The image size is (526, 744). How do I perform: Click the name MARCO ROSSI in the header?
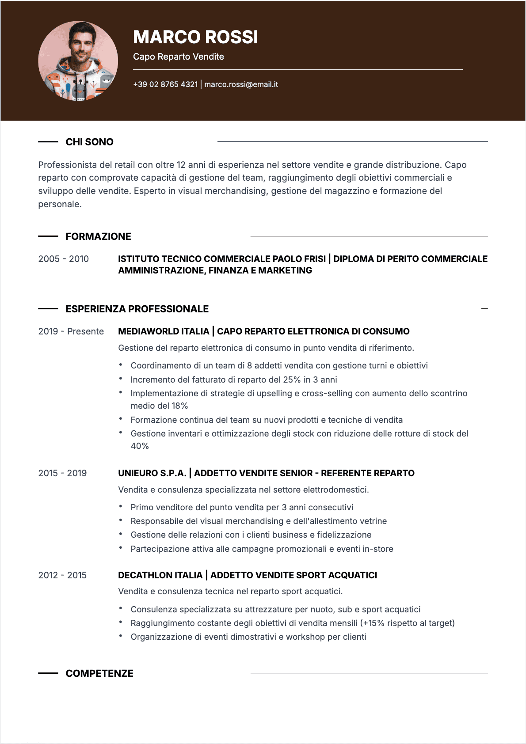pos(195,37)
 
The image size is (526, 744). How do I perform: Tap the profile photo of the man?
pos(78,61)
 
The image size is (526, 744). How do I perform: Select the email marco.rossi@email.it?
pos(241,84)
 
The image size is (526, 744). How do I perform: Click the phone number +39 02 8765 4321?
pos(165,84)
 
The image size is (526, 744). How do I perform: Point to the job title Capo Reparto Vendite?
pos(178,57)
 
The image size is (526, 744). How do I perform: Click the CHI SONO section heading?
pos(89,142)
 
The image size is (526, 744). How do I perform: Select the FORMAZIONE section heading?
pos(98,236)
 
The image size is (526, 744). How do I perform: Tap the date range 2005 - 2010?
pos(63,259)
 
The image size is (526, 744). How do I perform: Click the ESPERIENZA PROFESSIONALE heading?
pos(137,309)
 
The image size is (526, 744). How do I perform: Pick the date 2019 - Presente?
pos(71,331)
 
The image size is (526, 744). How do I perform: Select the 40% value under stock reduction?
pos(140,446)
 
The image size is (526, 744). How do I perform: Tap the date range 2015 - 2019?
pos(62,473)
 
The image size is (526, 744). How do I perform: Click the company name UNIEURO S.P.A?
pos(152,473)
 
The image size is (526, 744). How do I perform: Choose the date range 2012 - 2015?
pos(62,575)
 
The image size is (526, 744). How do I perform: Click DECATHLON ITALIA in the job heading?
pos(160,575)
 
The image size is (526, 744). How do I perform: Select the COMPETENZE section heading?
pos(99,673)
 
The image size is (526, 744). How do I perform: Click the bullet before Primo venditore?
pos(121,506)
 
